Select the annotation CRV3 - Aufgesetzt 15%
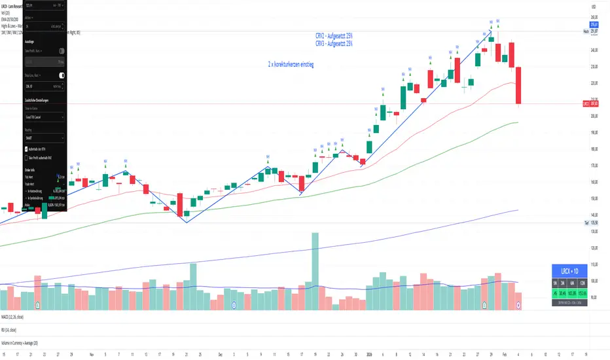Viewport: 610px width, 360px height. [x=334, y=44]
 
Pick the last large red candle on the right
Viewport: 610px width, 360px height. [x=518, y=85]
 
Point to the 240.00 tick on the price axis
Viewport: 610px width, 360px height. [x=594, y=50]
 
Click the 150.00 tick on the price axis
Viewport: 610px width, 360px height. [x=594, y=198]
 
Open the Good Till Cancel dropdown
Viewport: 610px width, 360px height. [x=43, y=117]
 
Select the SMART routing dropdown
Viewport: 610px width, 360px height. [x=43, y=138]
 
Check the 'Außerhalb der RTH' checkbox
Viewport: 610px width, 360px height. [x=26, y=149]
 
